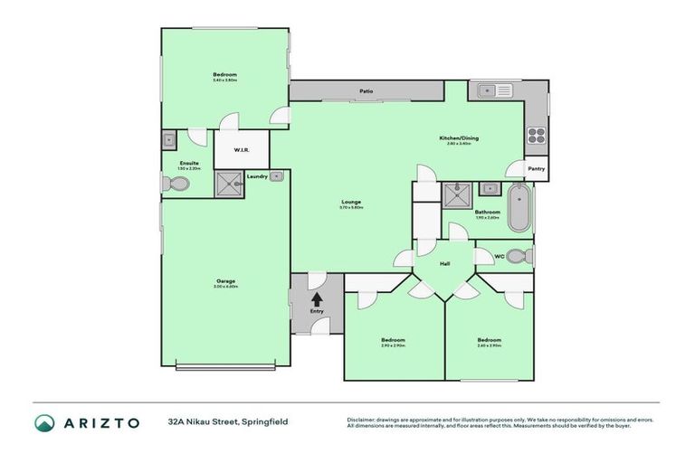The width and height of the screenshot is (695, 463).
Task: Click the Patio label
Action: [x=367, y=91]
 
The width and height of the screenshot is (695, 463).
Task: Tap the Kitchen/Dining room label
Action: [x=459, y=138]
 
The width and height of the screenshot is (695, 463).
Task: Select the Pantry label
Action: [x=536, y=169]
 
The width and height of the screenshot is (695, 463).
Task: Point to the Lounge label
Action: [x=352, y=203]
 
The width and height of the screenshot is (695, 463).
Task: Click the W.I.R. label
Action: [x=242, y=149]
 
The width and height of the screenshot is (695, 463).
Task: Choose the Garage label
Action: [x=225, y=281]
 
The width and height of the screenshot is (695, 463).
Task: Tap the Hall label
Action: [x=444, y=264]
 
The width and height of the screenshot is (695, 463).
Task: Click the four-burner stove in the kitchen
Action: [x=536, y=136]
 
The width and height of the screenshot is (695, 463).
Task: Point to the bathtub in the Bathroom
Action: [x=519, y=208]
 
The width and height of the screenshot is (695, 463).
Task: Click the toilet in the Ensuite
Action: [x=176, y=184]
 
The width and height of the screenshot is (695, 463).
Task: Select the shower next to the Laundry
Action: [x=229, y=184]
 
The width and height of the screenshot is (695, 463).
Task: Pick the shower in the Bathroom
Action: [x=454, y=195]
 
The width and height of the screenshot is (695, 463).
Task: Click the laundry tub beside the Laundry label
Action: [x=277, y=176]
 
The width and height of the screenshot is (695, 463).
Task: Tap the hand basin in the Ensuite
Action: [x=168, y=140]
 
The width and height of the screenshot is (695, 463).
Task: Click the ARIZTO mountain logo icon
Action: [x=44, y=422]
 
